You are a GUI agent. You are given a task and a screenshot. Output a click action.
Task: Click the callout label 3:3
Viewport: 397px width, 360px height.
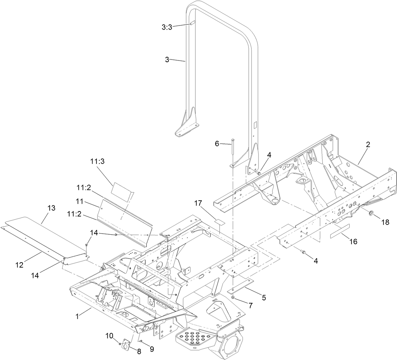(167, 28)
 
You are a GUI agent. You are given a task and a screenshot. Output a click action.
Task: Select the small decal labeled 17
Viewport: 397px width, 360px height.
(220, 221)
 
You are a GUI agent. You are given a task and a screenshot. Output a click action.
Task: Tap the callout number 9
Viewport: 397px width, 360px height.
(151, 349)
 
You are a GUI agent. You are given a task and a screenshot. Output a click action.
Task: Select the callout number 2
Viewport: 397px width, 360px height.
(368, 145)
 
